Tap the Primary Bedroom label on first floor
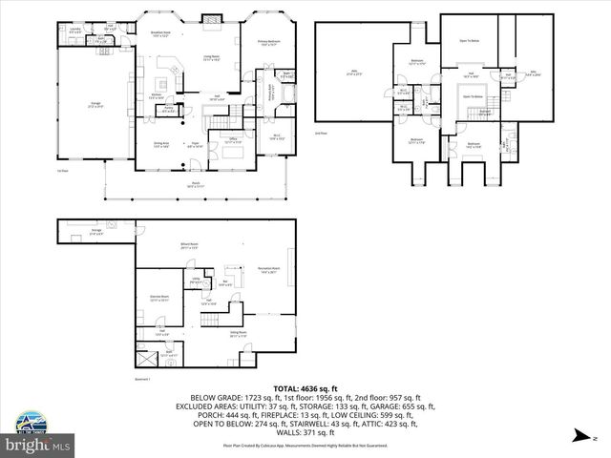(x=268, y=43)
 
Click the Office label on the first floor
(x=232, y=140)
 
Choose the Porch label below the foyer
(x=196, y=184)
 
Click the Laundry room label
(x=75, y=31)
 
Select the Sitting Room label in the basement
(x=238, y=335)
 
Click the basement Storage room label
(x=96, y=231)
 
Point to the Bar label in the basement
(x=225, y=282)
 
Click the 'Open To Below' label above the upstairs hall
(x=470, y=41)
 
